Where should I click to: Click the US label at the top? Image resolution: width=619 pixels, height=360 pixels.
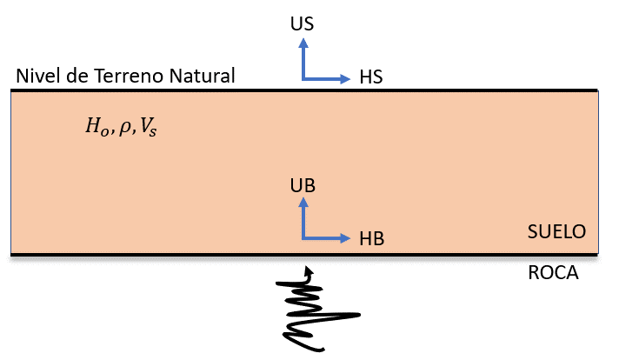click(x=302, y=24)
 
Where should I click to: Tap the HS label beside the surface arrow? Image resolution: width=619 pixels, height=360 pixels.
click(x=371, y=77)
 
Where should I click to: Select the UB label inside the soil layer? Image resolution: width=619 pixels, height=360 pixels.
click(x=303, y=186)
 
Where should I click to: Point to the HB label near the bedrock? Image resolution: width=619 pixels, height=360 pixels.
click(x=371, y=239)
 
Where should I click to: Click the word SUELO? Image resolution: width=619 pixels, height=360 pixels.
click(x=556, y=231)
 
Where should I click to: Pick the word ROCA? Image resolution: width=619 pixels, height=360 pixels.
click(x=553, y=273)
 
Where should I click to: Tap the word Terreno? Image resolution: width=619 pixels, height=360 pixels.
click(x=129, y=76)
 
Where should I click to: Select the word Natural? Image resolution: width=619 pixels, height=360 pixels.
click(x=202, y=76)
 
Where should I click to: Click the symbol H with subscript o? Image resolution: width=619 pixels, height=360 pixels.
click(x=97, y=127)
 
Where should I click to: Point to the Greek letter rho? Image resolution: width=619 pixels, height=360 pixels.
click(x=124, y=128)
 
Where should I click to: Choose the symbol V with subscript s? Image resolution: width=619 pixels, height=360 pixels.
click(x=149, y=128)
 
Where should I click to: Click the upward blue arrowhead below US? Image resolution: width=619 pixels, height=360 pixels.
click(x=303, y=43)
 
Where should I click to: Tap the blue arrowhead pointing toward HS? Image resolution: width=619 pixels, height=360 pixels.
click(x=345, y=79)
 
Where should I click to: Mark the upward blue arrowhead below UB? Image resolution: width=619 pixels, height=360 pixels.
click(x=303, y=202)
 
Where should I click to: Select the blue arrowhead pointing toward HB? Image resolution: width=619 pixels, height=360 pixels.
click(x=345, y=238)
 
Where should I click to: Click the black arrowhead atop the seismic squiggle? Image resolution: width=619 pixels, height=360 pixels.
click(x=309, y=270)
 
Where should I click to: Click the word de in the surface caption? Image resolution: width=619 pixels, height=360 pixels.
click(x=77, y=76)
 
